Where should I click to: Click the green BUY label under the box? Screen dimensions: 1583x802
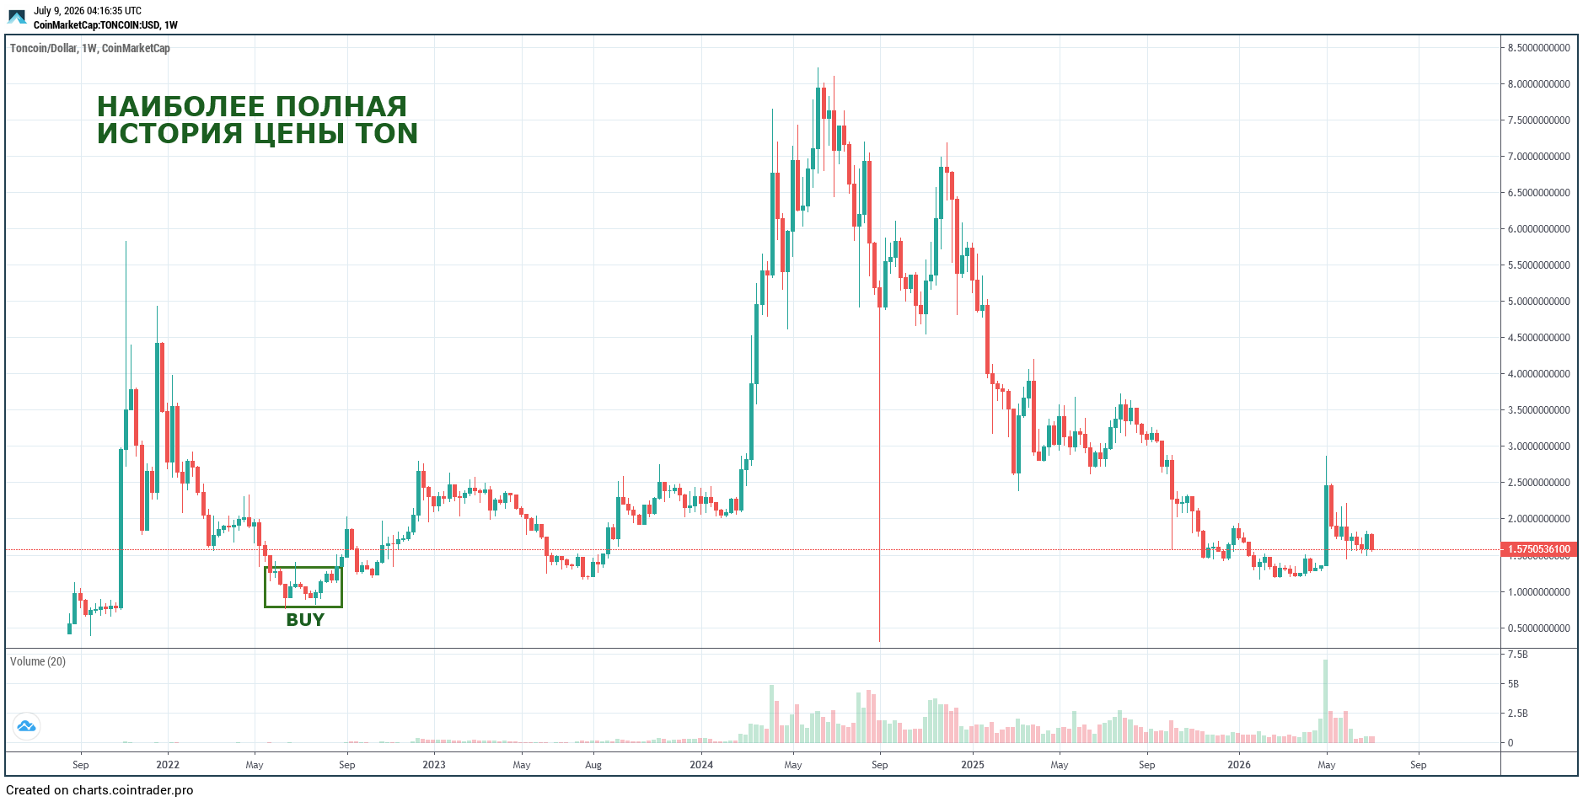pos(305,620)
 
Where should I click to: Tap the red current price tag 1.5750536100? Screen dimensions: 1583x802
pos(1539,549)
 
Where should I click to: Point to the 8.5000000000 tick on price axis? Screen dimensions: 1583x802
pos(1539,48)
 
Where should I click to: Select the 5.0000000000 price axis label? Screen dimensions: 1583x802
pos(1539,302)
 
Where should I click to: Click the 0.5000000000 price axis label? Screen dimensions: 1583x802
pos(1539,628)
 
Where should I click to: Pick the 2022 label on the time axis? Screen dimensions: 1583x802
pos(168,765)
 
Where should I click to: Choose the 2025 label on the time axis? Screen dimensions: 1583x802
pos(973,765)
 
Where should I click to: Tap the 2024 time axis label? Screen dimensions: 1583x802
pos(701,765)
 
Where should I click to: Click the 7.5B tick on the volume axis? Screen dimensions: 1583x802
pos(1517,655)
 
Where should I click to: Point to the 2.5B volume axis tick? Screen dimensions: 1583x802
pos(1517,714)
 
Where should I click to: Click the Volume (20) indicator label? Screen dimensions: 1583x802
pos(38,661)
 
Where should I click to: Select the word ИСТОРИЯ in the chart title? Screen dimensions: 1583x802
pos(169,134)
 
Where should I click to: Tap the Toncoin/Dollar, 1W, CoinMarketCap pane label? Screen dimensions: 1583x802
pos(90,48)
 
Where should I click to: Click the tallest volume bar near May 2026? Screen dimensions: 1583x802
pos(1326,701)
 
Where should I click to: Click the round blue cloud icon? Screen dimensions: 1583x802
pos(26,726)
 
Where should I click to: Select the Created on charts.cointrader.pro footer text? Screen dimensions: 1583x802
pos(99,790)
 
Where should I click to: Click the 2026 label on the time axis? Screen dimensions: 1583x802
pos(1239,765)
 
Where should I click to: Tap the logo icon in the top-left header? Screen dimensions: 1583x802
pos(17,17)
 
